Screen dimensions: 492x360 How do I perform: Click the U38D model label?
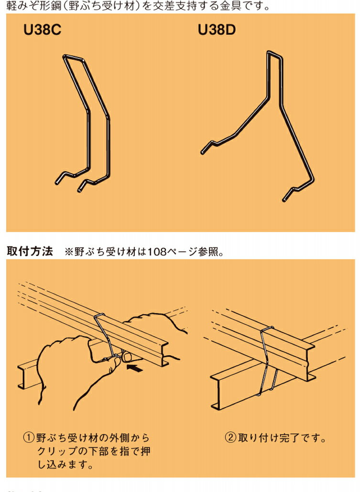pos(217,31)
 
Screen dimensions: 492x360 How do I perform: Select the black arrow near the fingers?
pos(135,368)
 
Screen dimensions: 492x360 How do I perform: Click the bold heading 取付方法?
pos(30,252)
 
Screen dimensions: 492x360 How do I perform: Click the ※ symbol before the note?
pos(68,252)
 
